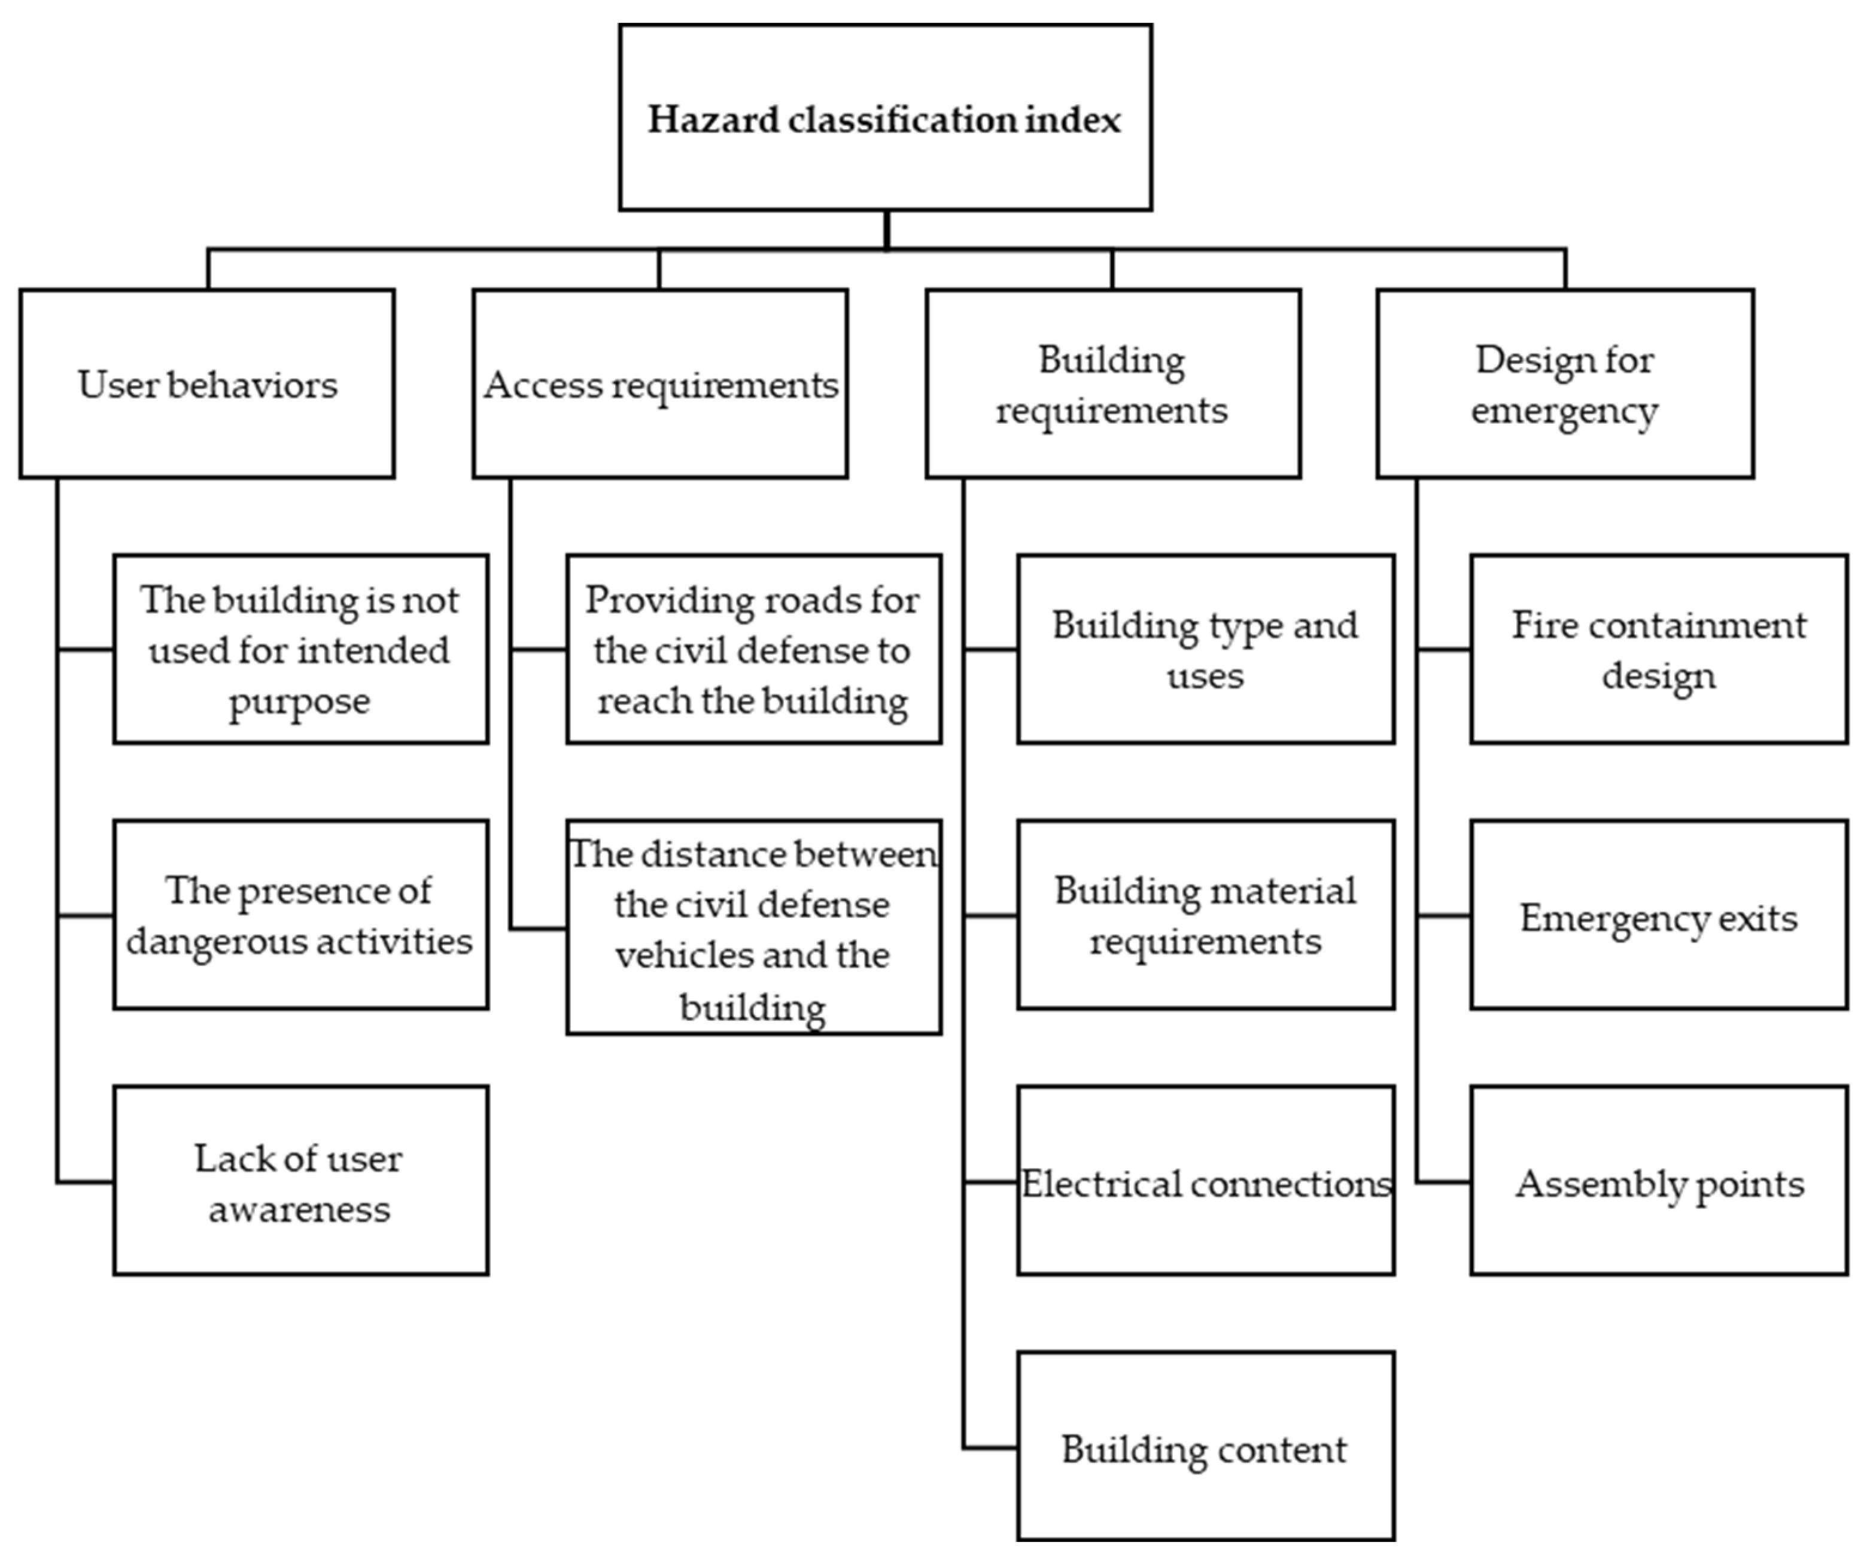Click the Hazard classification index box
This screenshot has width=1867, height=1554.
[886, 117]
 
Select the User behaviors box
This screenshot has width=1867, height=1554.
[207, 384]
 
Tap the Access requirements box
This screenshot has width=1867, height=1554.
[659, 384]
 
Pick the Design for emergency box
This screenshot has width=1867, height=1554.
[1565, 384]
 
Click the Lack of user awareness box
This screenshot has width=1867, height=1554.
[300, 1181]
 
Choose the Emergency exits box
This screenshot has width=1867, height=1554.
[1659, 916]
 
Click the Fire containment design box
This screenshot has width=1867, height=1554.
[1659, 649]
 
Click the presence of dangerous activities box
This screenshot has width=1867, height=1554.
[300, 916]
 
